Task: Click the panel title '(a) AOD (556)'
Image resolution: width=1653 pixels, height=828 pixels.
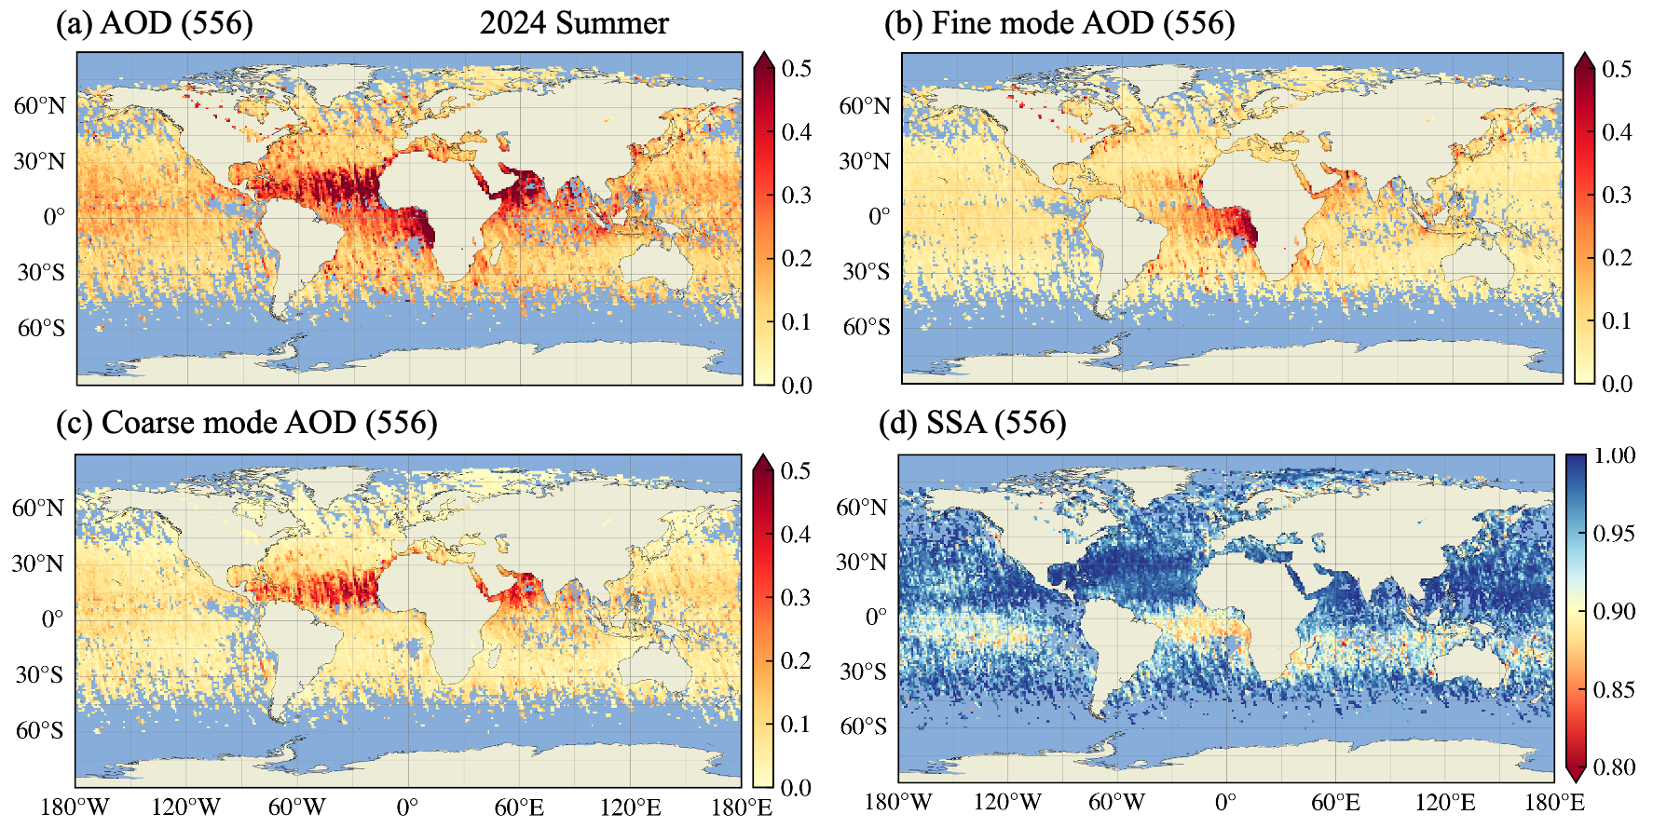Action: coord(154,22)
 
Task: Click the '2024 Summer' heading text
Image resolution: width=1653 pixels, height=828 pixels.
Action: coord(574,22)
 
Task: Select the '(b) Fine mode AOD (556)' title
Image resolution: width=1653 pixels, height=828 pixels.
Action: coord(1059,22)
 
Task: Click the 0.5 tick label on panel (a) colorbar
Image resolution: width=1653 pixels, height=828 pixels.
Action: coord(797,68)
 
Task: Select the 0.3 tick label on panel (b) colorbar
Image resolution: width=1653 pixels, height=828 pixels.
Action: coord(1617,195)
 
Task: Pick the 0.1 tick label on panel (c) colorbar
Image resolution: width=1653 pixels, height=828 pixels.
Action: coord(796,724)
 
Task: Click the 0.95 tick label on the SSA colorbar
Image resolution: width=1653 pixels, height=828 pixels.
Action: coord(1614,534)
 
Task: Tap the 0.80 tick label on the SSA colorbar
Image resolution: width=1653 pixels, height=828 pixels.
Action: coord(1614,767)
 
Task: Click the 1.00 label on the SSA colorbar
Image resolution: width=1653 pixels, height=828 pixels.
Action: coord(1614,455)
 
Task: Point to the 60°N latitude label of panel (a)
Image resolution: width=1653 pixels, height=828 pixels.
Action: coord(39,105)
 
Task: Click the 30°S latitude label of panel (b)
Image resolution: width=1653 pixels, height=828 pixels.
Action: coord(866,272)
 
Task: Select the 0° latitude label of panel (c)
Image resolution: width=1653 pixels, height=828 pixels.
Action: coord(52,619)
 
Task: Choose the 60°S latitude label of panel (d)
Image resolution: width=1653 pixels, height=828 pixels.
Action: coord(864,726)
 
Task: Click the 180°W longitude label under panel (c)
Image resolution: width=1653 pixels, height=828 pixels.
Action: coord(75,807)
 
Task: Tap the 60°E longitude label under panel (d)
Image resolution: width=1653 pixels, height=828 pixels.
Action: coord(1335,802)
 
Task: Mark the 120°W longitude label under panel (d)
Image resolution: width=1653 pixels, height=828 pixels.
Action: coord(1007,802)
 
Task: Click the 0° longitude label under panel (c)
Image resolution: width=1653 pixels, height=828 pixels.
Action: coord(407,807)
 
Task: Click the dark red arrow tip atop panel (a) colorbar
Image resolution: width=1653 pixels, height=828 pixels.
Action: coord(763,61)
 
